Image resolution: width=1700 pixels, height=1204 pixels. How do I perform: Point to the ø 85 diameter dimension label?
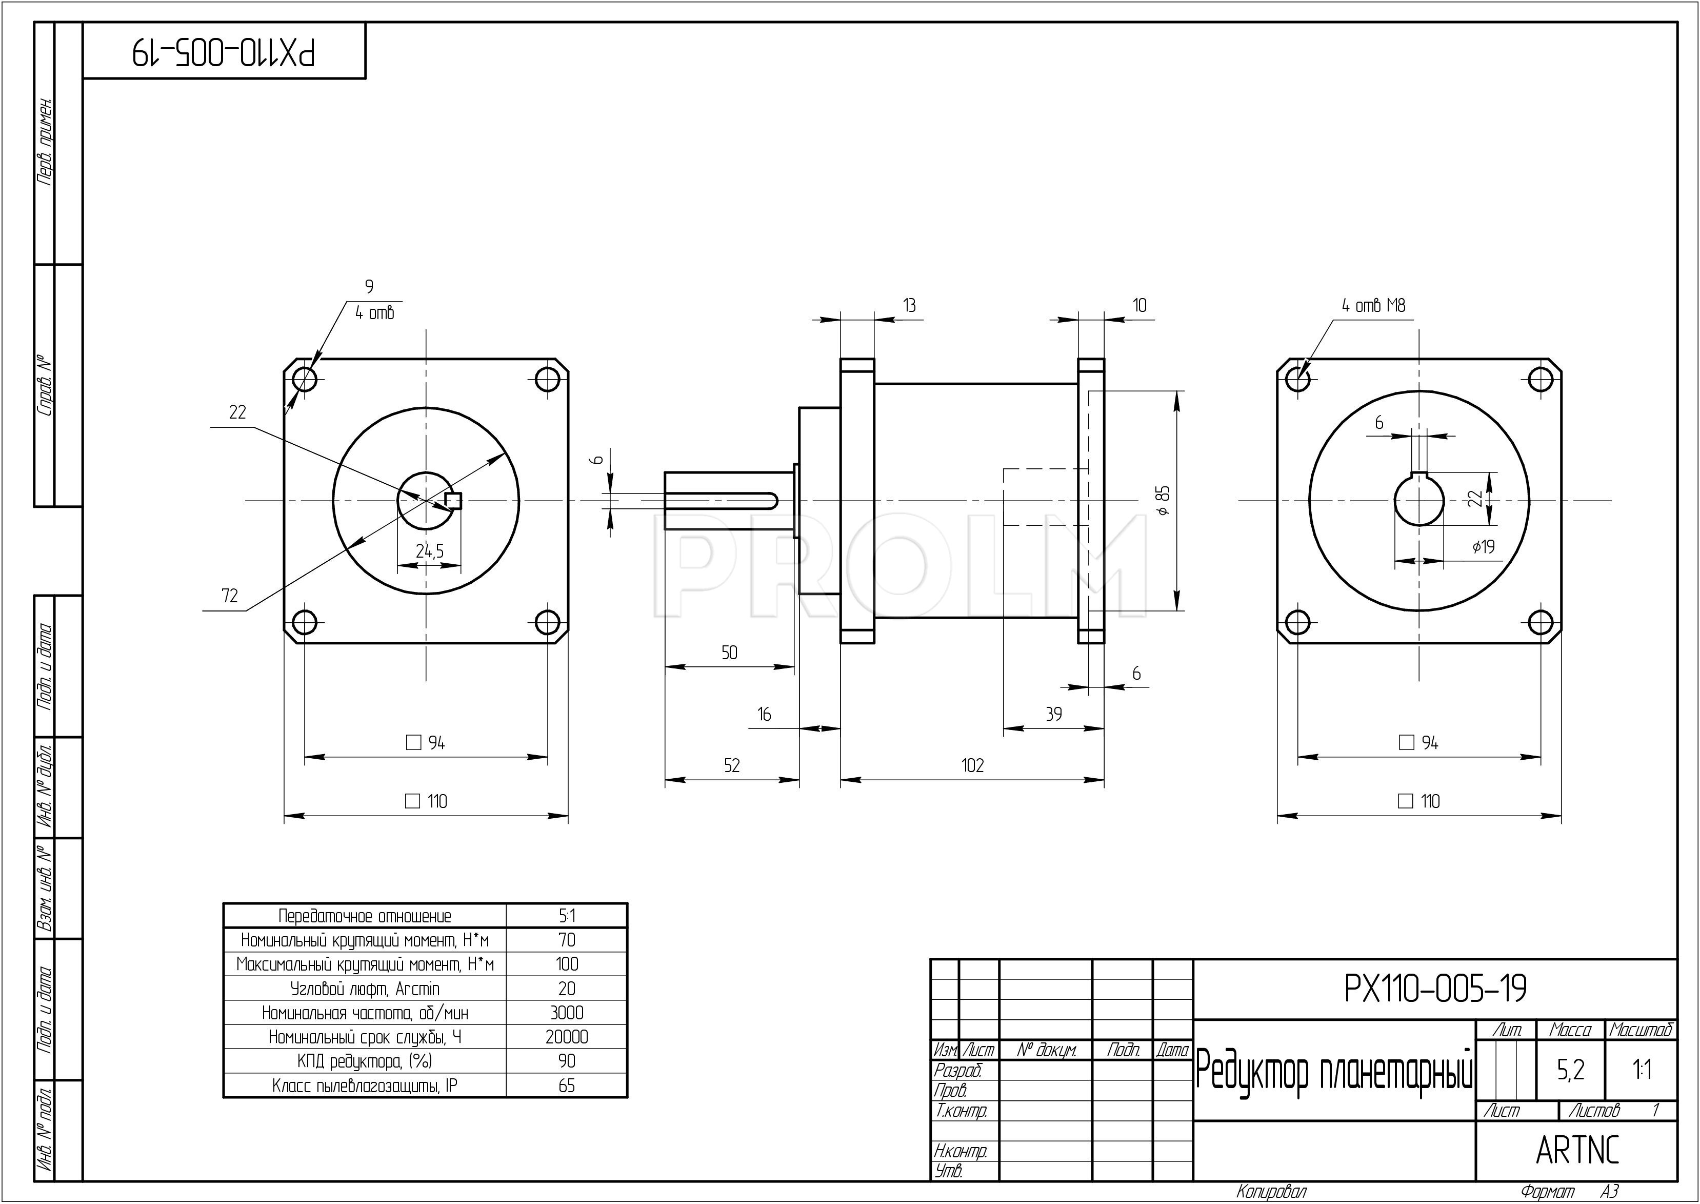tap(1164, 501)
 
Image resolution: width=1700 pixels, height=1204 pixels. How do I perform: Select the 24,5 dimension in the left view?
tap(429, 551)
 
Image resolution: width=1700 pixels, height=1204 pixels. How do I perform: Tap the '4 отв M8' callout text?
tap(1373, 305)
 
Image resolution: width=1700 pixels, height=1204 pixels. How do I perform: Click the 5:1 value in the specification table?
tap(567, 916)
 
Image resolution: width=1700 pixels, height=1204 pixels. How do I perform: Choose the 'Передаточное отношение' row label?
tap(365, 916)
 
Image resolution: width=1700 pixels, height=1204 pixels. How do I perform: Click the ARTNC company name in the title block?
tap(1577, 1150)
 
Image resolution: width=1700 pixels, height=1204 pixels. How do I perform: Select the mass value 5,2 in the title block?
tap(1570, 1070)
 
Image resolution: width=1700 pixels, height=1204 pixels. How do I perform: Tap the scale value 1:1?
tap(1642, 1070)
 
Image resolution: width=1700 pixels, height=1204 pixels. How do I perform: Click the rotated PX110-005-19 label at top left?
tap(224, 52)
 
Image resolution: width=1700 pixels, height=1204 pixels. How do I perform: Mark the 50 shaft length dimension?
tap(729, 653)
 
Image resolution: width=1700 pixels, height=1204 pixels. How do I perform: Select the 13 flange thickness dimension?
tap(909, 305)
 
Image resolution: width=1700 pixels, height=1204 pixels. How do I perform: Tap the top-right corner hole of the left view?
tap(548, 379)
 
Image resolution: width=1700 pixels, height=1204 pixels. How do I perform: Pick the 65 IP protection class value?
tap(567, 1086)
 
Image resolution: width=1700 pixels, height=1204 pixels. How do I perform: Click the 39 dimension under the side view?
tap(1053, 714)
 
